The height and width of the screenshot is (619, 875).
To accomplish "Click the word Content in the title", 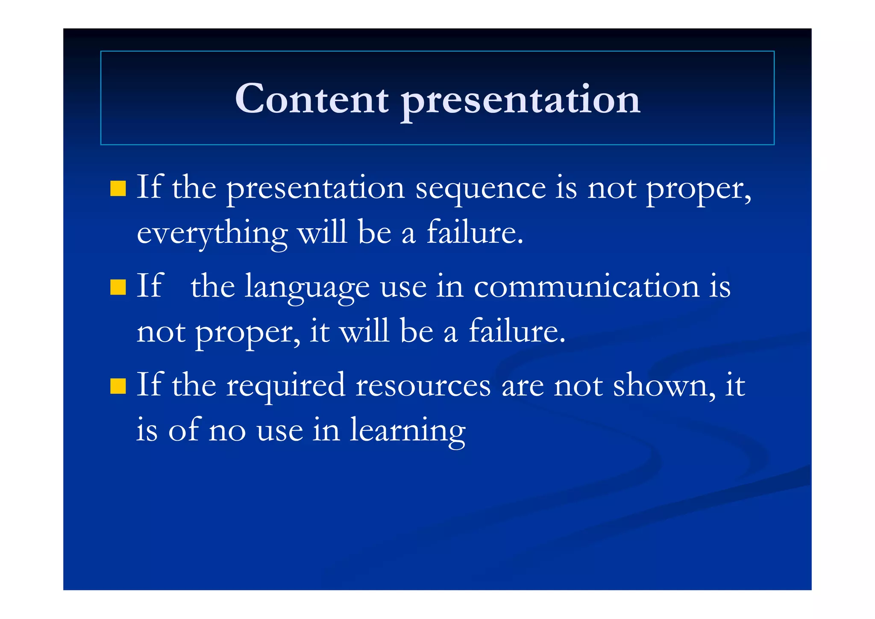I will point(311,99).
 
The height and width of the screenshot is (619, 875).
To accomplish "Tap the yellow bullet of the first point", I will point(118,189).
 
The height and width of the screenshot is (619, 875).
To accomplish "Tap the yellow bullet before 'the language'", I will point(118,287).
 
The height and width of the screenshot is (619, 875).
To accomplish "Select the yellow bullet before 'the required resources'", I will point(118,386).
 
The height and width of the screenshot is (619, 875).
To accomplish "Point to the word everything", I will point(212,234).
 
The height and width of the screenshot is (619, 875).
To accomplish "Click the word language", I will point(307,288).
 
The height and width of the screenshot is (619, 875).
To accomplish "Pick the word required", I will point(285,386).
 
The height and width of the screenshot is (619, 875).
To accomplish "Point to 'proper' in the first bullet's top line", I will point(698,190).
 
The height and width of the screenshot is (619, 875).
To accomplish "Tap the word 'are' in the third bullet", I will point(522,386).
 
